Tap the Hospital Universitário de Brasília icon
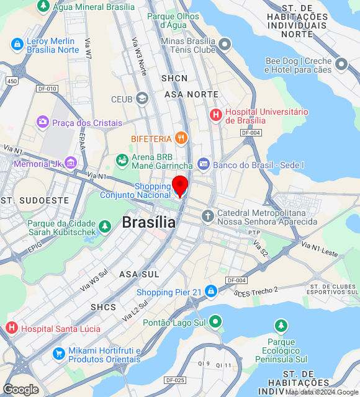[216, 115]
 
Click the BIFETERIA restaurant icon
[181, 138]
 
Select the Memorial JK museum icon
[71, 163]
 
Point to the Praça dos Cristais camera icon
[42, 122]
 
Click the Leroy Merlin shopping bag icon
[17, 45]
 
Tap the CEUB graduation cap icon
[142, 99]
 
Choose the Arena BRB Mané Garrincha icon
[122, 161]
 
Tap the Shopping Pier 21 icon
[211, 292]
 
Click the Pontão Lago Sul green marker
[215, 321]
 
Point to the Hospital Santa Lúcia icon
[11, 328]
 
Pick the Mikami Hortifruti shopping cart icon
[59, 354]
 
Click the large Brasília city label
[148, 222]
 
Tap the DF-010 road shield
[47, 89]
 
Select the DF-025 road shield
[174, 380]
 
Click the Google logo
[20, 390]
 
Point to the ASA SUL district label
[139, 274]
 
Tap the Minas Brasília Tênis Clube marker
[224, 44]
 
